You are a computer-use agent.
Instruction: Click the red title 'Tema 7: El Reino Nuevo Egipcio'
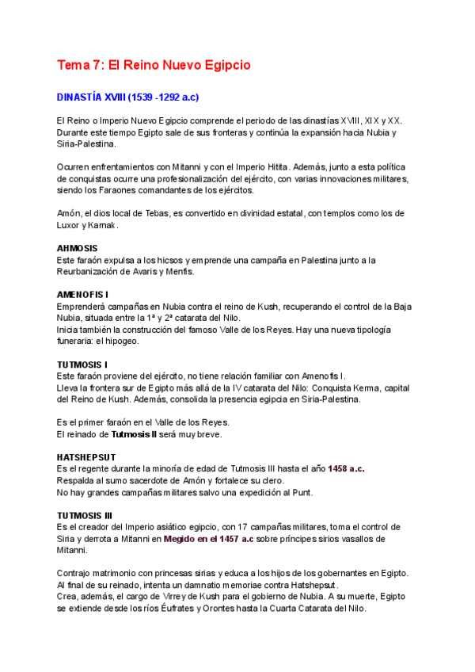click(x=153, y=65)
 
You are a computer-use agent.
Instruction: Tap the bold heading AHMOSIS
click(x=77, y=248)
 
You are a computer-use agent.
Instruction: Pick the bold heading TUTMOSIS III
click(x=85, y=515)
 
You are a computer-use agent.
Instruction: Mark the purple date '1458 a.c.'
click(x=346, y=469)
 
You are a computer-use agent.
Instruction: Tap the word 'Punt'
click(x=300, y=492)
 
